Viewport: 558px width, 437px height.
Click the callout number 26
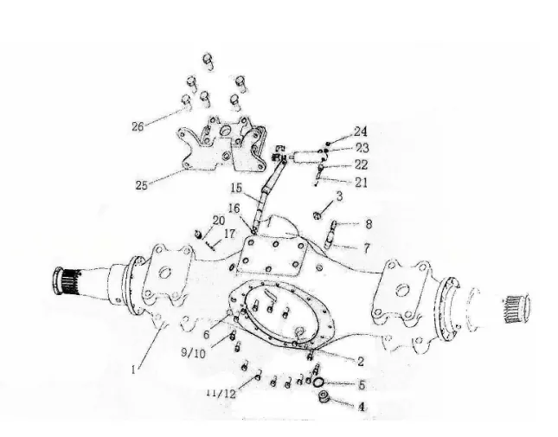(x=138, y=126)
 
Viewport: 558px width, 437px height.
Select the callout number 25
(x=141, y=185)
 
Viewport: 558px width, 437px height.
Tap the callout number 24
(x=360, y=132)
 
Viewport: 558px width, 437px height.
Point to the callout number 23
(x=362, y=148)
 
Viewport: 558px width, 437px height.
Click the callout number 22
(x=360, y=164)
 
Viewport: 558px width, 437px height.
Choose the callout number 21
(x=361, y=183)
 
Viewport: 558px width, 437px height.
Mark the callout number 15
(x=236, y=188)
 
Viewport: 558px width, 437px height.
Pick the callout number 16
(x=234, y=209)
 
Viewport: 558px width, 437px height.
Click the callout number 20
(x=219, y=221)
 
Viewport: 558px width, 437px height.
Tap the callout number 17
(x=229, y=234)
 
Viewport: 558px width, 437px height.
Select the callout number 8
(x=369, y=224)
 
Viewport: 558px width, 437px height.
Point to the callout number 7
(x=367, y=247)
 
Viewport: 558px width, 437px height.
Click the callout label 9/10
(x=193, y=353)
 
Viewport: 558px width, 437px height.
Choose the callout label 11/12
(x=221, y=393)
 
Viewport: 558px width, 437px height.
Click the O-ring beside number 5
(x=318, y=382)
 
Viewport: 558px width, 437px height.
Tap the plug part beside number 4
(x=324, y=396)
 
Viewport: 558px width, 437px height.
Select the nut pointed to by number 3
(x=317, y=215)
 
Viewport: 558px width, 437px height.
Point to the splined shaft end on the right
(x=516, y=309)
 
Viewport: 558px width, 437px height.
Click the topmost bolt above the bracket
(x=208, y=61)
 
